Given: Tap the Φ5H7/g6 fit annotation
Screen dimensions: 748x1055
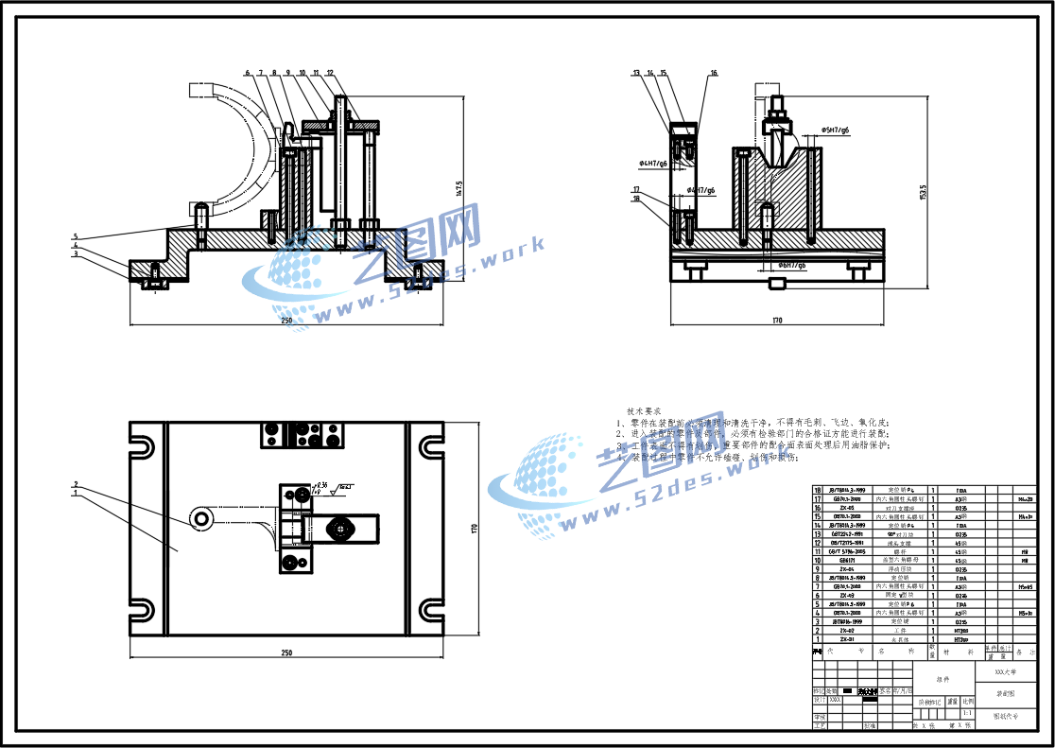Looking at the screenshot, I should coord(834,130).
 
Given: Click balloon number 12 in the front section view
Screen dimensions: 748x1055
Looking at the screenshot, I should coord(330,72).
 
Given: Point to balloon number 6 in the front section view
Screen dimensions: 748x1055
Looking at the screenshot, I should coord(247,72).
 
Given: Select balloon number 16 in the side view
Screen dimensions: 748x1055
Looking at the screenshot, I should coord(714,73).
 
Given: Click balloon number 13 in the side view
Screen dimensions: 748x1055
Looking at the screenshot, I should coord(637,73).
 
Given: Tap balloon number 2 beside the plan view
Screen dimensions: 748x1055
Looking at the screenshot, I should coord(76,484).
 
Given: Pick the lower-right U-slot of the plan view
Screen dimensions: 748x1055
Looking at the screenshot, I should coord(430,610).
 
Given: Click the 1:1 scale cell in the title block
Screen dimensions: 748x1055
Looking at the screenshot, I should coord(968,713).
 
